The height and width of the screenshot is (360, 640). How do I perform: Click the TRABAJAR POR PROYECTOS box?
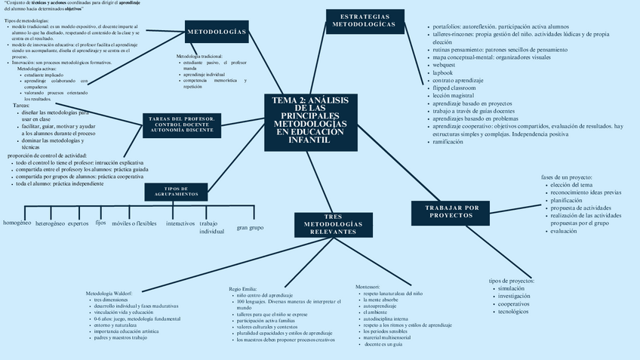(452, 211)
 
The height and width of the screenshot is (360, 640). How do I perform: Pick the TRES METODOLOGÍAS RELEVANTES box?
(333, 224)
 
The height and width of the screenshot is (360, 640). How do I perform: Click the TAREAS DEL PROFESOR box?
(182, 125)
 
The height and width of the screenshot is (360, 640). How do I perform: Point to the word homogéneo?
(17, 223)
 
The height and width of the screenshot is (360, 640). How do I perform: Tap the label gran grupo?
(250, 227)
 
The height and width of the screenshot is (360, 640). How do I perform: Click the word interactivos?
(180, 223)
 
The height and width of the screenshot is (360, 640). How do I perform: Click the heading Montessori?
(371, 287)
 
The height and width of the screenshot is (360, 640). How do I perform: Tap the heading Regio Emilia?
(243, 288)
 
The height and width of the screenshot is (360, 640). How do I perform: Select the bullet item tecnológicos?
(518, 311)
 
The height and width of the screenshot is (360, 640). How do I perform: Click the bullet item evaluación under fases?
(563, 231)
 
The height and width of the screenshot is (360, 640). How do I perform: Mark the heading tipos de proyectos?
(511, 281)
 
